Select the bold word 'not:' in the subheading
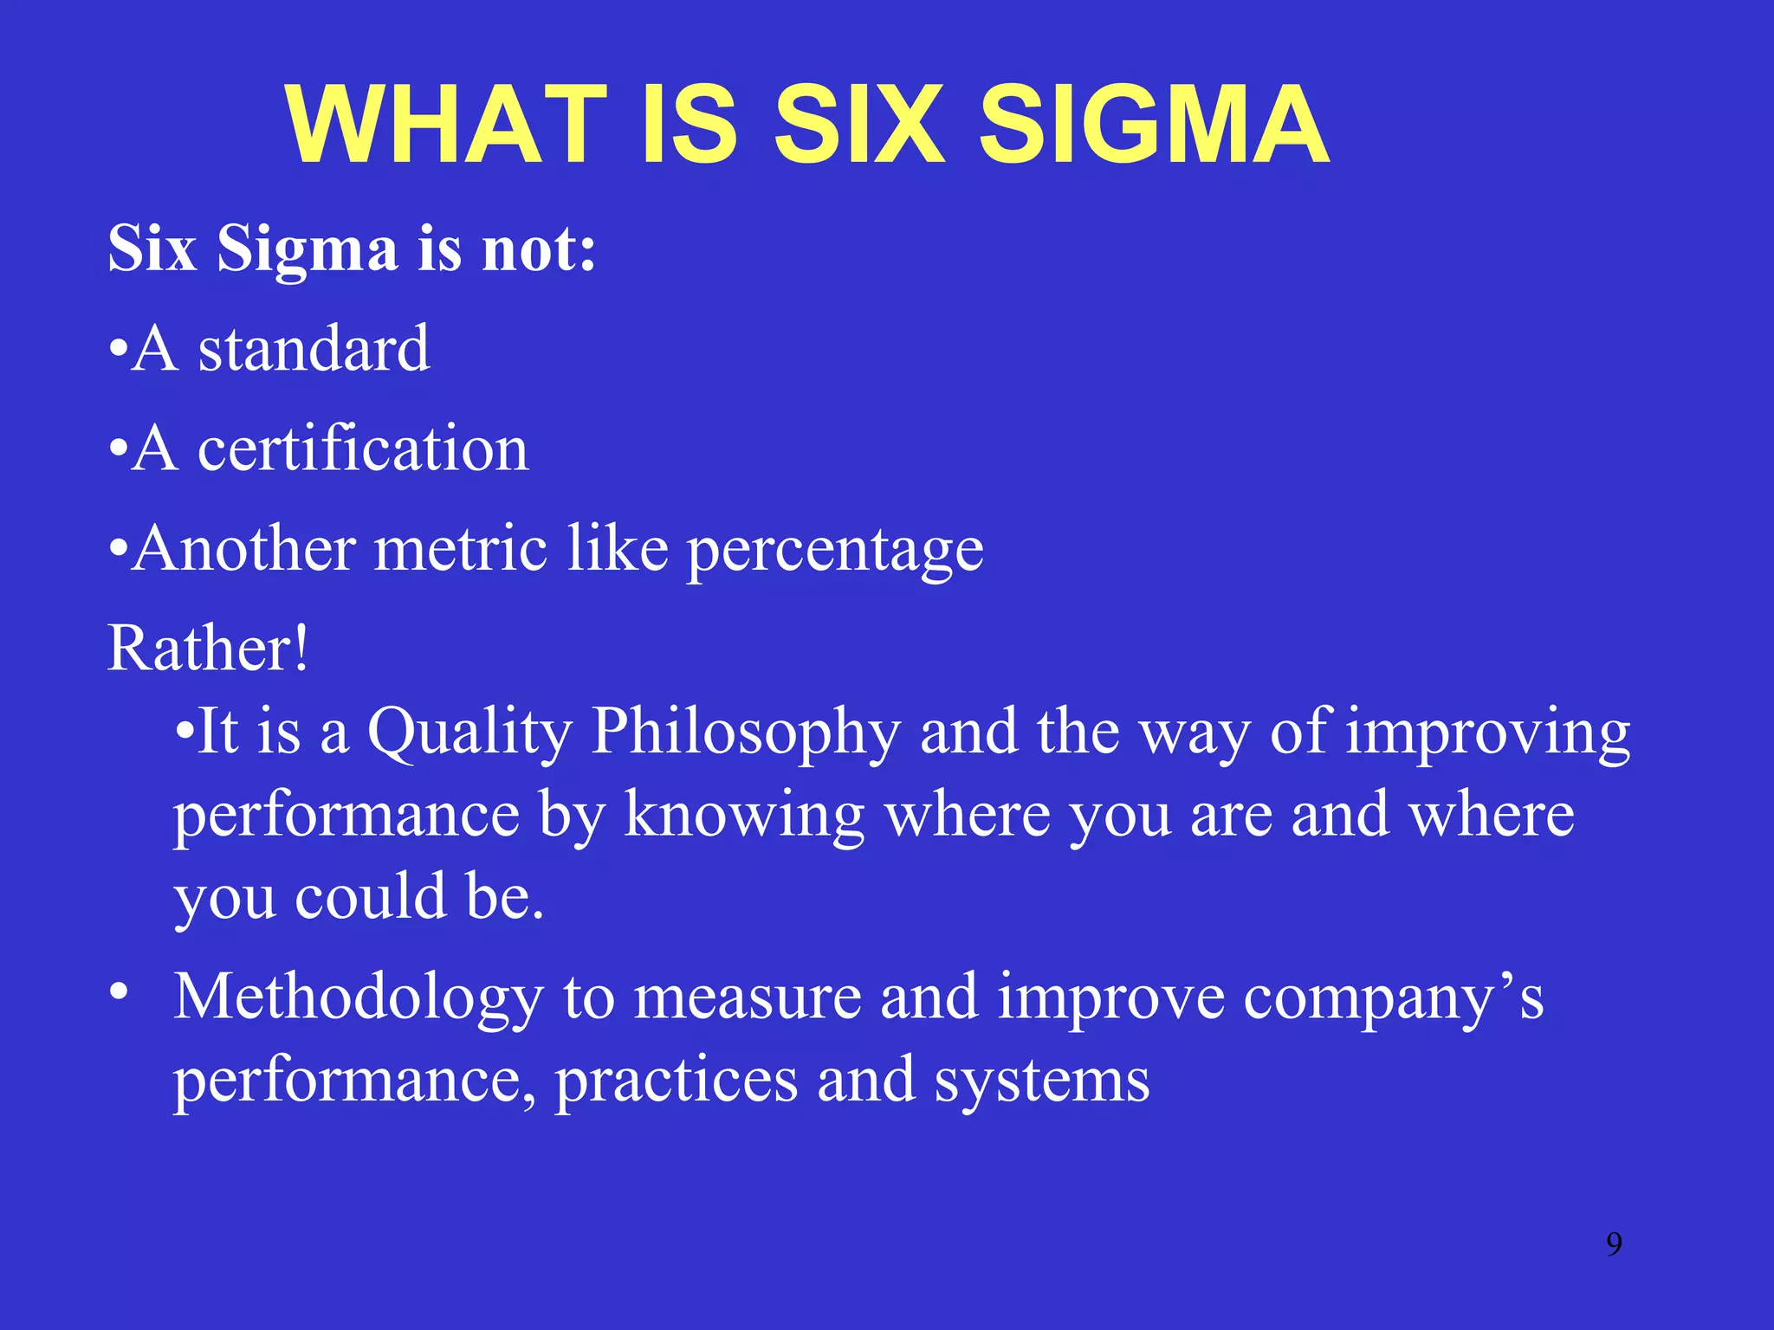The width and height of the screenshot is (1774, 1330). click(x=539, y=249)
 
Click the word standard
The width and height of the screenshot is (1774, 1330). click(x=314, y=349)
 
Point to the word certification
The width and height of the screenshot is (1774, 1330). click(x=363, y=449)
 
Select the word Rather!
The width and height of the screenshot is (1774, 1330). click(x=208, y=649)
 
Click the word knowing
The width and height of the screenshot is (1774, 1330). click(x=744, y=817)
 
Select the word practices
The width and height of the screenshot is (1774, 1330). click(x=676, y=1081)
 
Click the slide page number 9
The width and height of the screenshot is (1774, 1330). click(x=1614, y=1244)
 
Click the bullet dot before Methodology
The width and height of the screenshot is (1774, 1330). click(x=120, y=990)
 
